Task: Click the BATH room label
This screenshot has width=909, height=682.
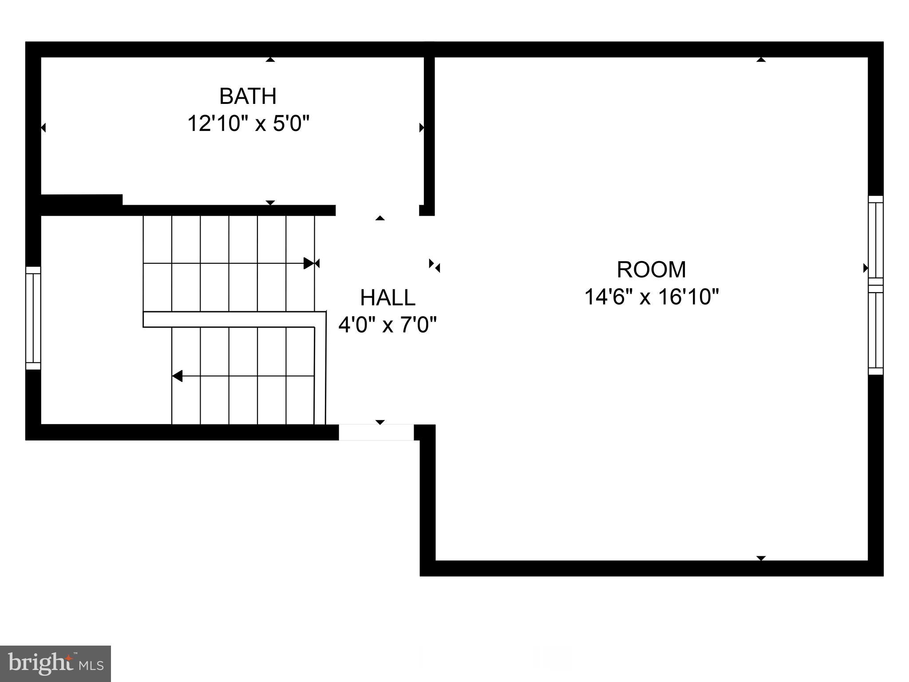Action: [248, 96]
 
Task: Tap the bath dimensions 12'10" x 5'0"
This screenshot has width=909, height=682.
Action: [248, 123]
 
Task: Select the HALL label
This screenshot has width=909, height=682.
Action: [387, 297]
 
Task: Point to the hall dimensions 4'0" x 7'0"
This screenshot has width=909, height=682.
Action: [387, 325]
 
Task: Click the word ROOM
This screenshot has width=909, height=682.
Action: [651, 270]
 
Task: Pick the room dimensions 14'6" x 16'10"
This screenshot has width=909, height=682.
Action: [651, 297]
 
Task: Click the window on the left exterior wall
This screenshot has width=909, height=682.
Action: [33, 318]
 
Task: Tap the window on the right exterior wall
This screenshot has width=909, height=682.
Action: [876, 285]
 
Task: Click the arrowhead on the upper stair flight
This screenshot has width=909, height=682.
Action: [308, 263]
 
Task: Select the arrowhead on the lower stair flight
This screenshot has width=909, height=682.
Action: [178, 376]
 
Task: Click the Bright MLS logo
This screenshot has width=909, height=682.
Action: [55, 663]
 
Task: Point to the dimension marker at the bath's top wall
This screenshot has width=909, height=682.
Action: [270, 59]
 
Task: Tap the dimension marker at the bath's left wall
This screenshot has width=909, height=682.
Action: [43, 128]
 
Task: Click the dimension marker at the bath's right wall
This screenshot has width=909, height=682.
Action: [422, 128]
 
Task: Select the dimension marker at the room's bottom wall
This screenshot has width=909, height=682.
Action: [761, 558]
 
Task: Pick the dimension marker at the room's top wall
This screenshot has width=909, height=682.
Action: [761, 59]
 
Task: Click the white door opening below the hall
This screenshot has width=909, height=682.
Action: [376, 432]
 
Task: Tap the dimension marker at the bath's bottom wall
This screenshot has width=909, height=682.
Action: [270, 202]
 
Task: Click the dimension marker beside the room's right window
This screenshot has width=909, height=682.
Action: [865, 268]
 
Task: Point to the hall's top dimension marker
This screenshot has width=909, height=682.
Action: [380, 218]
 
